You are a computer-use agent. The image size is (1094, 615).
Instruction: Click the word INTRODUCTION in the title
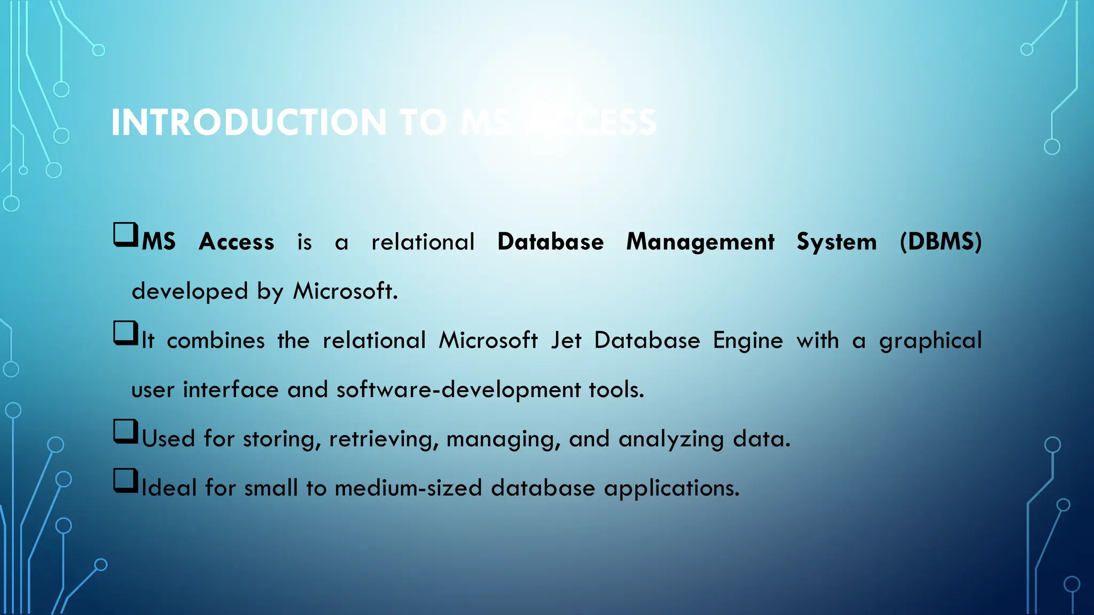point(248,123)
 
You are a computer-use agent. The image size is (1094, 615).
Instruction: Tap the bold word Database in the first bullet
point(550,242)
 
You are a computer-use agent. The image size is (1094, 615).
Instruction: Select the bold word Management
point(700,242)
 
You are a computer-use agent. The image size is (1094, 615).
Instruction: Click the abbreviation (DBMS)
point(940,242)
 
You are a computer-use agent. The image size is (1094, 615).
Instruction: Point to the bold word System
point(837,242)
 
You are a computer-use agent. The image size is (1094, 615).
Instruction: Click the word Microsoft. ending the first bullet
point(345,291)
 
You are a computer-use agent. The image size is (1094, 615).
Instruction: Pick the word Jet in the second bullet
point(566,341)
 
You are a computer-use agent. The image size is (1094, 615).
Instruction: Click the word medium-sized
point(408,488)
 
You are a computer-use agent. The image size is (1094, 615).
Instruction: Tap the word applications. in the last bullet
point(671,488)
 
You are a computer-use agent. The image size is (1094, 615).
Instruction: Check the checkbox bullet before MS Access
point(126,235)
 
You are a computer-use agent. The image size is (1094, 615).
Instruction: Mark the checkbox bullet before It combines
point(126,333)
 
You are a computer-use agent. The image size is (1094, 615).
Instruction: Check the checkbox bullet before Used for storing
point(126,431)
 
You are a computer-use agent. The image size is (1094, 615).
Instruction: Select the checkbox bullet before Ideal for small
point(126,480)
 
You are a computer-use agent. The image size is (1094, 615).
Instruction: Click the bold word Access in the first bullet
point(236,242)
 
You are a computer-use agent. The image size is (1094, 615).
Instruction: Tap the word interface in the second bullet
point(231,390)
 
